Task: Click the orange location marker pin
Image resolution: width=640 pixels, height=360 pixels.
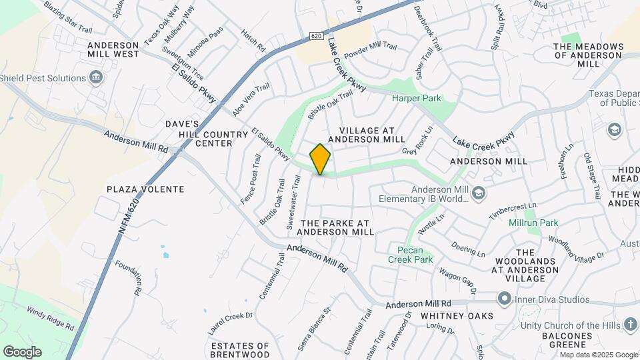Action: click(x=321, y=159)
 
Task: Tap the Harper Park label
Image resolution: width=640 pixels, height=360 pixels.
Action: click(x=417, y=99)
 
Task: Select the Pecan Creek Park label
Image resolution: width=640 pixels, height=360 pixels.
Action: click(x=411, y=255)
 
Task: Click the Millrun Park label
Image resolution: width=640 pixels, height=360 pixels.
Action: click(x=533, y=223)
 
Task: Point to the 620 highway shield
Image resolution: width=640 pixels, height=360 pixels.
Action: click(x=315, y=36)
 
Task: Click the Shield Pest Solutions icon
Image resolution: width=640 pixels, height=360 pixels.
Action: click(x=96, y=78)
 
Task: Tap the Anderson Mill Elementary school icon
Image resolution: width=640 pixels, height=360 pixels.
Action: click(x=478, y=194)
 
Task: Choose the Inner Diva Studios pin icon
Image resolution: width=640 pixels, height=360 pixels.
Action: click(x=505, y=299)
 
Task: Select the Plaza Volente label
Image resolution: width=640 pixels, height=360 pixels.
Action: click(x=145, y=189)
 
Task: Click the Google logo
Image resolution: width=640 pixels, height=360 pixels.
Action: click(x=22, y=351)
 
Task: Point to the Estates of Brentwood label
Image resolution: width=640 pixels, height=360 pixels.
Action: click(x=240, y=351)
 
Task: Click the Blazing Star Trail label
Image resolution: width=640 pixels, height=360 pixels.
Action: click(x=68, y=17)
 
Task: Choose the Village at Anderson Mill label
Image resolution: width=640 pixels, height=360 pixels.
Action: click(x=372, y=135)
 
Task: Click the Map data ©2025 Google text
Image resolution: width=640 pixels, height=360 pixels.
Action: click(x=599, y=355)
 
